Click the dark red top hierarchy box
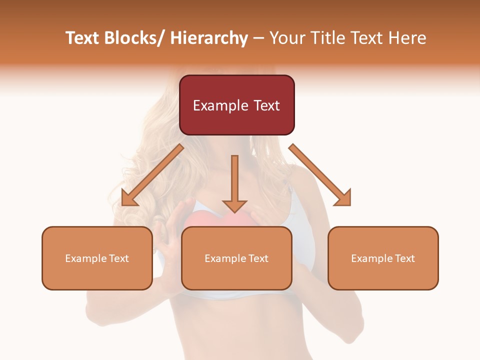pyautogui.click(x=236, y=105)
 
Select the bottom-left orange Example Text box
pyautogui.click(x=97, y=258)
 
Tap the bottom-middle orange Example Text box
pyautogui.click(x=236, y=258)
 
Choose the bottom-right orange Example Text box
pyautogui.click(x=383, y=258)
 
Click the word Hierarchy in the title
pyautogui.click(x=209, y=38)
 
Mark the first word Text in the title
pyautogui.click(x=83, y=38)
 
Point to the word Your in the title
pyautogui.click(x=287, y=38)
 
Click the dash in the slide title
pyautogui.click(x=258, y=39)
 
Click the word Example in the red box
pyautogui.click(x=220, y=105)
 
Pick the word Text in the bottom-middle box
pyautogui.click(x=258, y=258)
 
